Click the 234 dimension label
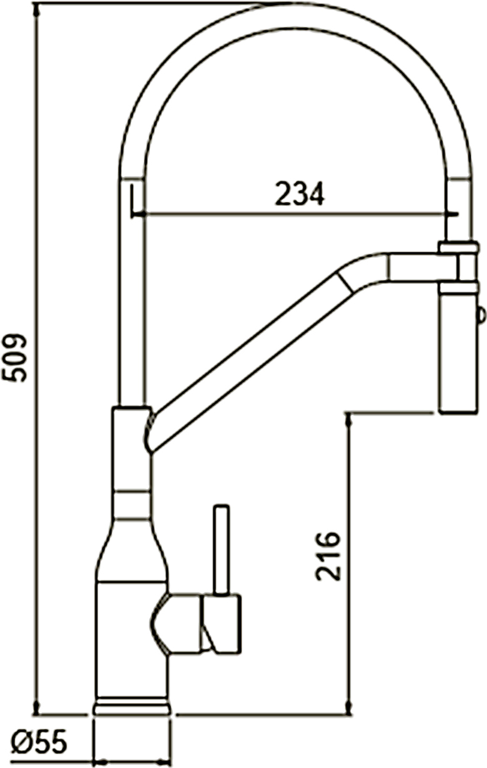click(x=300, y=194)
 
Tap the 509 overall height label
click(x=14, y=358)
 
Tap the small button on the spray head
click(x=481, y=315)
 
